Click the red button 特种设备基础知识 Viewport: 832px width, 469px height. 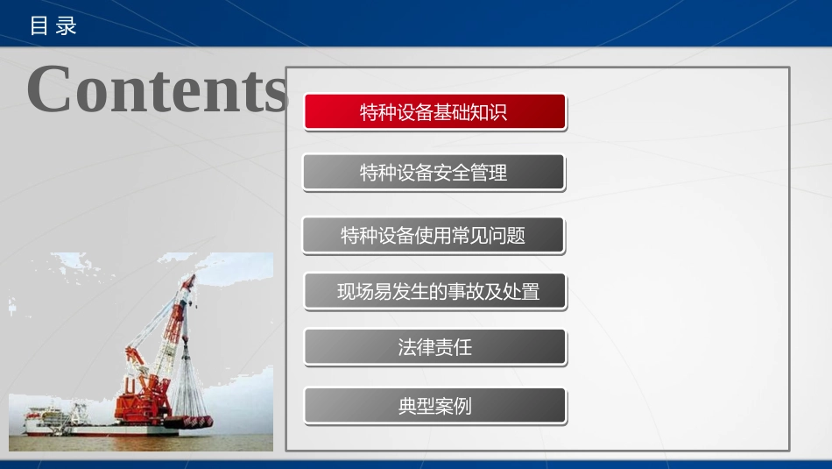pos(434,112)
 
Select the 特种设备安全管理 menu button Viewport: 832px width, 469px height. pos(434,173)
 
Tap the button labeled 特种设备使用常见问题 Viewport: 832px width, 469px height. pos(433,235)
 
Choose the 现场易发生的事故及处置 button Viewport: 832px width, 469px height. pos(434,291)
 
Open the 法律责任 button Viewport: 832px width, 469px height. pos(434,347)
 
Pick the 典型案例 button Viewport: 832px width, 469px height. pos(434,406)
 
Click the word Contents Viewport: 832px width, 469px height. pos(158,89)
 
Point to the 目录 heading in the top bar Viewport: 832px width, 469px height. pos(53,25)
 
